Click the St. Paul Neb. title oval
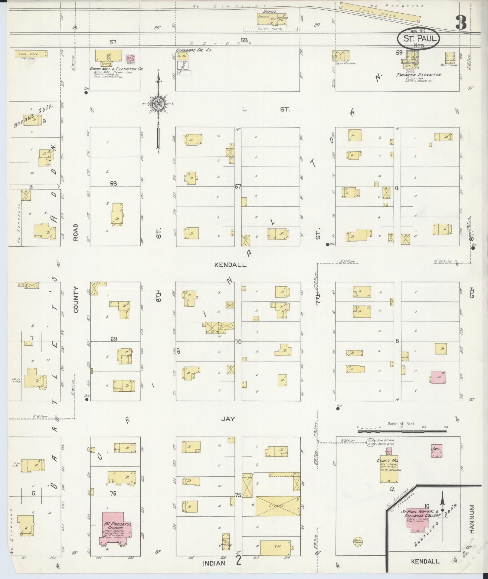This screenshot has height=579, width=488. point(418,38)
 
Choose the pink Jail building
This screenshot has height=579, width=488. point(437,451)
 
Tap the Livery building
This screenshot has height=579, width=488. point(278,506)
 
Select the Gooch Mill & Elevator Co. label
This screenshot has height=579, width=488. point(117,69)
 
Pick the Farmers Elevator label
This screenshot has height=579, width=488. point(419,74)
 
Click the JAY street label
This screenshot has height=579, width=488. point(228,419)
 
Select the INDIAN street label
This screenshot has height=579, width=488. point(214,563)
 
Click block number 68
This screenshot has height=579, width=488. point(113,183)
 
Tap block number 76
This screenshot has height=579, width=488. point(113,494)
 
